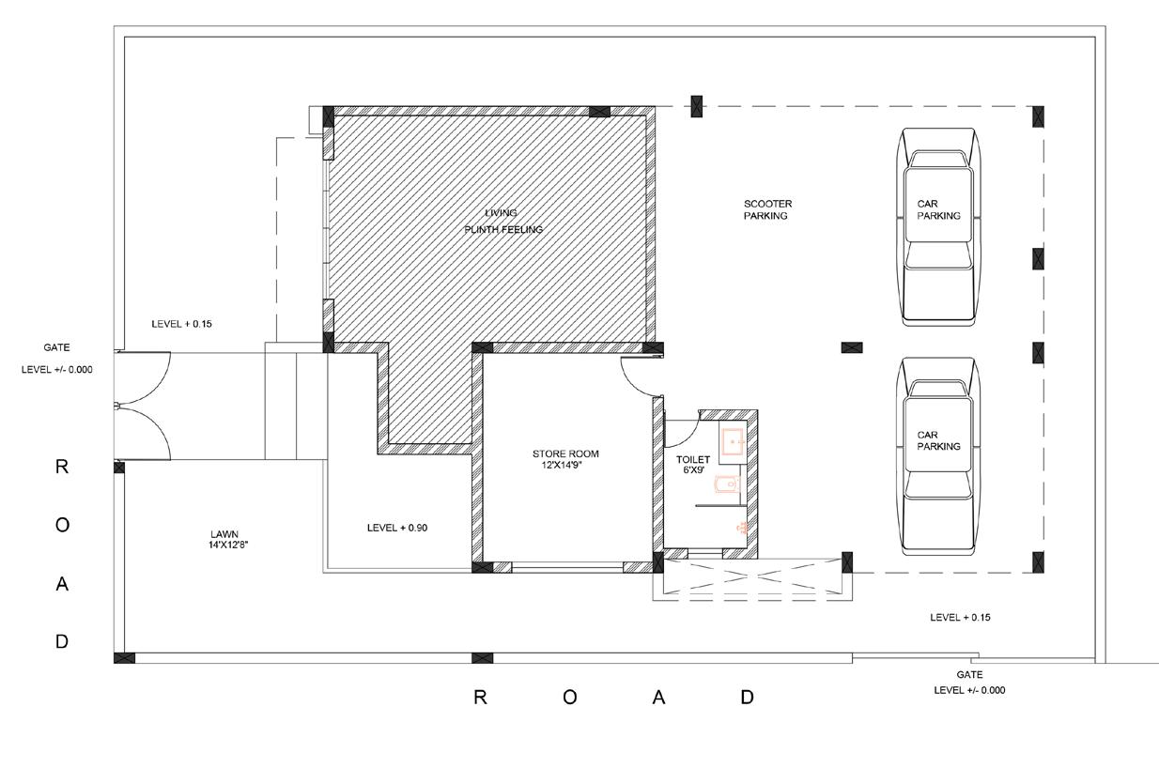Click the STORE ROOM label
[x=565, y=453]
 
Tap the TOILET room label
[x=693, y=459]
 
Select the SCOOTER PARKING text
[x=768, y=209]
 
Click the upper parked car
[x=938, y=227]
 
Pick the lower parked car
[x=938, y=456]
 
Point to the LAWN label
[x=224, y=533]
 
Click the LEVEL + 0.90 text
[x=397, y=528]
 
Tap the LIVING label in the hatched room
[x=501, y=212]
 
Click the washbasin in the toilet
[x=733, y=441]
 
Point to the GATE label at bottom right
[x=969, y=674]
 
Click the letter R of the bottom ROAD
[x=480, y=698]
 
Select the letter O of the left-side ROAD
[x=62, y=525]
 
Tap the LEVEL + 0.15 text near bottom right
[x=960, y=617]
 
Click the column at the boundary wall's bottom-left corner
[x=124, y=658]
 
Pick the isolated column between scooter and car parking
[x=852, y=347]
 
